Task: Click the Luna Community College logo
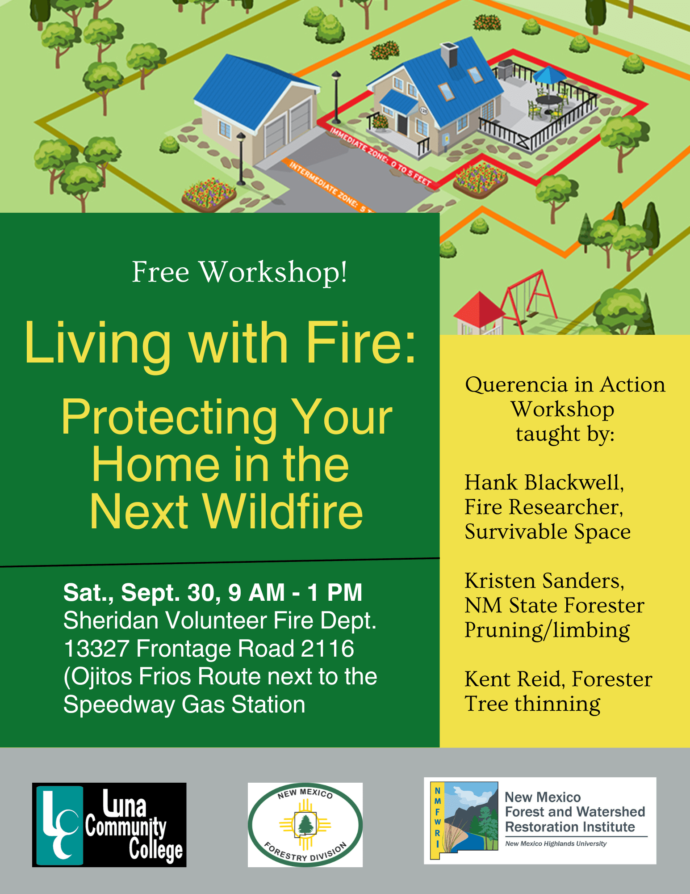[109, 825]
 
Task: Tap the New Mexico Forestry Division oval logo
[305, 825]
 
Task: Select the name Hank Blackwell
[544, 483]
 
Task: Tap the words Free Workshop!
[240, 272]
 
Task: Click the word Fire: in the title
[361, 343]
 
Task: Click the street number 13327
[96, 649]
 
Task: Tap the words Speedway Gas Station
[184, 705]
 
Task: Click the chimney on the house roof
[449, 55]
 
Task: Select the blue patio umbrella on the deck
[550, 74]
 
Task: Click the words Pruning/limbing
[547, 631]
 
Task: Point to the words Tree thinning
[532, 704]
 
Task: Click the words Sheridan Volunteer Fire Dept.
[220, 621]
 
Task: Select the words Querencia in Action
[565, 385]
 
